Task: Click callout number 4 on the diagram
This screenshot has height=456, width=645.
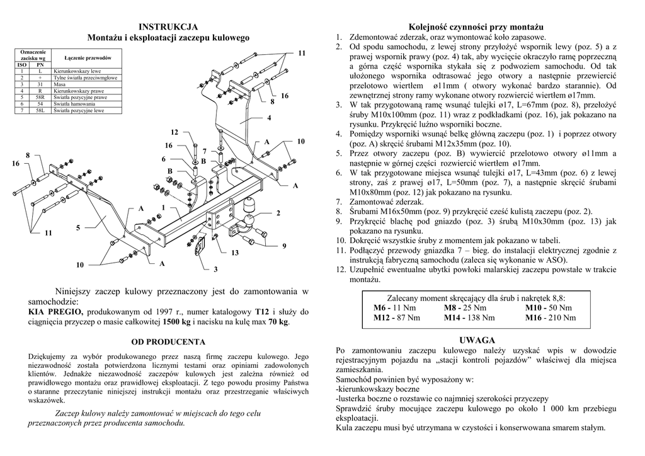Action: (269, 118)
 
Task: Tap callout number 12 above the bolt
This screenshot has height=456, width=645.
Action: (175, 132)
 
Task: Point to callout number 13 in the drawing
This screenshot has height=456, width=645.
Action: (235, 253)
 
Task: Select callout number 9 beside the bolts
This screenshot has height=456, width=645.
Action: (284, 245)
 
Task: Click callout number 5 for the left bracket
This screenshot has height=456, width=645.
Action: (79, 227)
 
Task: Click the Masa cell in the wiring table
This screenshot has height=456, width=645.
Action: (60, 84)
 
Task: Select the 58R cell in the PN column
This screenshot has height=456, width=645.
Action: (40, 98)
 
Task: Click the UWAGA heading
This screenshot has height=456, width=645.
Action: (477, 340)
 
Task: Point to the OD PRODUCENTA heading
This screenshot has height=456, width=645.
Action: (168, 342)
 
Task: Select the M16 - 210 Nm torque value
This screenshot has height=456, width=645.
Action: (550, 318)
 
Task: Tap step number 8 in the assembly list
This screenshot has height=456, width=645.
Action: (339, 212)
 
